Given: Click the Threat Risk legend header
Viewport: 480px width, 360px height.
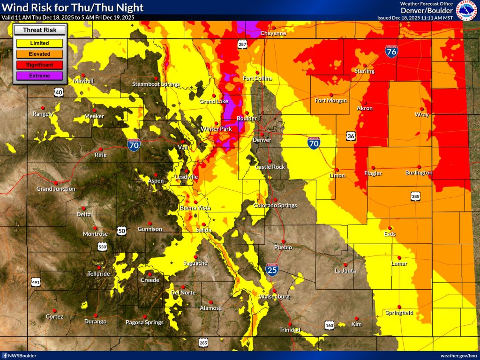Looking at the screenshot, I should [x=39, y=30].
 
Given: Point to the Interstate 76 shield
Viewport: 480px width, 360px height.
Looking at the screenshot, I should [x=392, y=51].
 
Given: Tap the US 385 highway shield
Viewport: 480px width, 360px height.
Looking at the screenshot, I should [x=415, y=197].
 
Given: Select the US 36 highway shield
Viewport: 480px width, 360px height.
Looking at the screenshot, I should [x=351, y=136].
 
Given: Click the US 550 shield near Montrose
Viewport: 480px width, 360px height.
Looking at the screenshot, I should [x=102, y=246].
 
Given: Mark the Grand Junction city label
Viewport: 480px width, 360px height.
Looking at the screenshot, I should [x=56, y=189].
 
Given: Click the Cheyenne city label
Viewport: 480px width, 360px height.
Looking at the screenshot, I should [x=273, y=33].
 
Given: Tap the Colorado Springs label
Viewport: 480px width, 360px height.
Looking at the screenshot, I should [x=275, y=205].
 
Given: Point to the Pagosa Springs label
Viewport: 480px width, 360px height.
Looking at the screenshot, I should [x=144, y=322].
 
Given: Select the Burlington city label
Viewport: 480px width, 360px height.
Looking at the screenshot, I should [x=419, y=173].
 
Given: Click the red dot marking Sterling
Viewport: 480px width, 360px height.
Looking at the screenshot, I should [x=364, y=65].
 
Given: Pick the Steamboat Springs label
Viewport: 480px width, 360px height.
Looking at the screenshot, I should [x=156, y=84].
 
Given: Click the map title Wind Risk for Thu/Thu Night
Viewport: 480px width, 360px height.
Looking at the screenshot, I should [x=73, y=8].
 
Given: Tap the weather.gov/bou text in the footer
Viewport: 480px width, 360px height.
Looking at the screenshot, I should [x=458, y=356].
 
